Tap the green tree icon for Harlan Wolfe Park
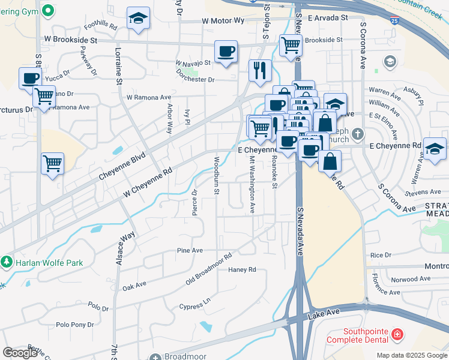pos(6,262)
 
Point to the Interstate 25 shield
pos(393,21)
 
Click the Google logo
pos(19,353)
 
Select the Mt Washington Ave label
pos(253,185)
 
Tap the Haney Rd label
pos(243,270)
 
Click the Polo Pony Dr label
pos(74,325)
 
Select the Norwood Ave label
pos(411,279)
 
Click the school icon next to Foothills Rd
pos(138,20)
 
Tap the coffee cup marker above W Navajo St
pos(226,52)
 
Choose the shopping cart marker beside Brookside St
pos(291,44)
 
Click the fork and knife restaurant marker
pos(260,70)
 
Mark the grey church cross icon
pos(358,133)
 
